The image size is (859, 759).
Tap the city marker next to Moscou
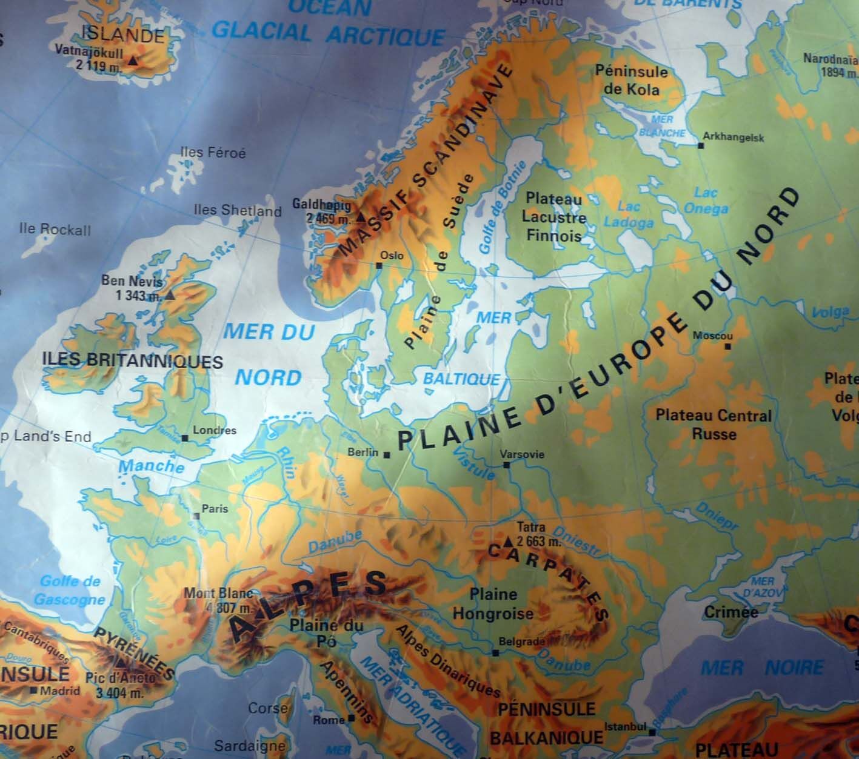tap(727, 347)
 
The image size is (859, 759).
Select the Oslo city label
tap(391, 255)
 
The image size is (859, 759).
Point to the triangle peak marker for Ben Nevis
tap(170, 296)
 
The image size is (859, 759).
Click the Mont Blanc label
tap(218, 593)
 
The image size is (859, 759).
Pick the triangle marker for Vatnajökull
tap(133, 61)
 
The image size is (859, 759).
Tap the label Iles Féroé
tap(213, 153)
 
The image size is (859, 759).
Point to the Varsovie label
tap(522, 454)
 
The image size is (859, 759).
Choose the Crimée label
tap(730, 612)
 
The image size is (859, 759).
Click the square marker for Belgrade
tap(496, 653)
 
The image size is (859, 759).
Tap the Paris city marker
tap(196, 516)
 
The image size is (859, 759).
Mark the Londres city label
tap(214, 431)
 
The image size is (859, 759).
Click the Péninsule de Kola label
tap(631, 80)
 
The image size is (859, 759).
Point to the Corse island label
tap(267, 708)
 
